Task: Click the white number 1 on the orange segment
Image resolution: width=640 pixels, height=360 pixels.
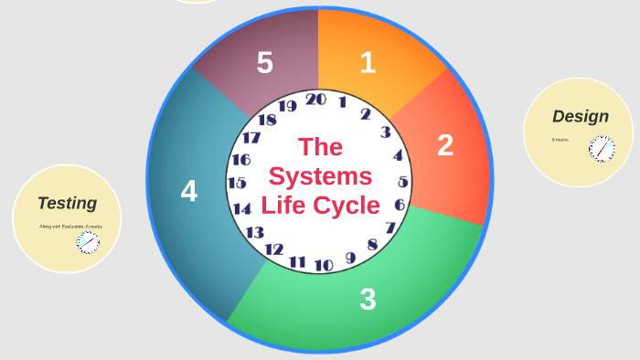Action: [x=368, y=62]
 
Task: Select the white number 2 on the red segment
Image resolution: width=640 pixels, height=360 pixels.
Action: [x=445, y=145]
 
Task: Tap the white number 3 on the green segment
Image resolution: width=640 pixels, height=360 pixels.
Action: [x=368, y=299]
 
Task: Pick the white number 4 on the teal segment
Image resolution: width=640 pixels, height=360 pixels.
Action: [x=189, y=191]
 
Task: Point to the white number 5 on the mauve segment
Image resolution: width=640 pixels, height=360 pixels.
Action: [x=265, y=63]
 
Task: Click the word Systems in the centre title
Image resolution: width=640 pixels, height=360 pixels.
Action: [x=320, y=175]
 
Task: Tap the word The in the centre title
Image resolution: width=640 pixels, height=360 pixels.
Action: [x=320, y=146]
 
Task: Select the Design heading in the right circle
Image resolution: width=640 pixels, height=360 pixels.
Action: [x=580, y=116]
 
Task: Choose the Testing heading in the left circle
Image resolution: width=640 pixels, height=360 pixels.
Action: [x=67, y=203]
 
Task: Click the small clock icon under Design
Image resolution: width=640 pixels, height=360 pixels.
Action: [x=602, y=148]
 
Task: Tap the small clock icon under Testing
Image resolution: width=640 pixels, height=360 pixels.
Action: [x=88, y=241]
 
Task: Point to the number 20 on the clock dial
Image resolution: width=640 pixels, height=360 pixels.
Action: [x=316, y=100]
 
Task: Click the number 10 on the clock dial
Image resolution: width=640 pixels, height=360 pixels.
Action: [x=324, y=266]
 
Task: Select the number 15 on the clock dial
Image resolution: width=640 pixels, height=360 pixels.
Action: [x=237, y=183]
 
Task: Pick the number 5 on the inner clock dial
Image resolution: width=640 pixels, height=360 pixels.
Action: [x=402, y=182]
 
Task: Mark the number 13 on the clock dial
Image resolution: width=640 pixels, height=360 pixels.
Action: [x=254, y=232]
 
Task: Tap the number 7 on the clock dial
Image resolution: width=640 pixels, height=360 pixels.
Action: [x=390, y=228]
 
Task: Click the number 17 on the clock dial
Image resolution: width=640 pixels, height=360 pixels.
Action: [x=251, y=138]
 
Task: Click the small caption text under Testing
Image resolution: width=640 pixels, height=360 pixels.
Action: [x=70, y=226]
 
